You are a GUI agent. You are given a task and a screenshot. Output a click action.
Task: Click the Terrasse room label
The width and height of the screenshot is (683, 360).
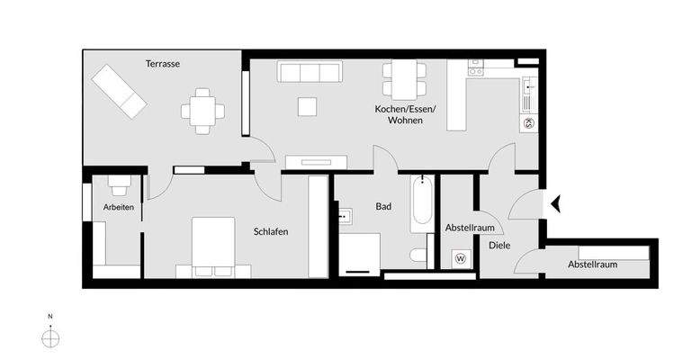tap(163, 64)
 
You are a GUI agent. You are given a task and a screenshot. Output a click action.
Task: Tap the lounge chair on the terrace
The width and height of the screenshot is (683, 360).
tap(118, 92)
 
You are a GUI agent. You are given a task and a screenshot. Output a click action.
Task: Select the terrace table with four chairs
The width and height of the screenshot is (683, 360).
tap(202, 111)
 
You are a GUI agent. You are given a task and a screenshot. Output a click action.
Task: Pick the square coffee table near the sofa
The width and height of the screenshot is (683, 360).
tap(308, 107)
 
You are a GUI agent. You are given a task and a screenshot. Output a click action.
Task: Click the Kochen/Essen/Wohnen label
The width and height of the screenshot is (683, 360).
tap(405, 114)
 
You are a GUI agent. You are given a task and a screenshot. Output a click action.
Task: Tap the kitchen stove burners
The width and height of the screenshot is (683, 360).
tap(474, 67)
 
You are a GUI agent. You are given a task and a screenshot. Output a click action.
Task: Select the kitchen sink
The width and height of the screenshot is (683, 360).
tap(529, 87)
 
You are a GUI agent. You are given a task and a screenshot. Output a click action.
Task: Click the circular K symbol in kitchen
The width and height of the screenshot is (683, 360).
tap(528, 123)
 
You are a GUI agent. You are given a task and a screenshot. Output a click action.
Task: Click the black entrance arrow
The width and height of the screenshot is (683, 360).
tap(556, 204)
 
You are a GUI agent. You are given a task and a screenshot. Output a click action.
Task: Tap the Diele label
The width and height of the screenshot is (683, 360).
tap(499, 244)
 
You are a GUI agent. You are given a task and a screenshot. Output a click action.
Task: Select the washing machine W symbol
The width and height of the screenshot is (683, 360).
tap(461, 257)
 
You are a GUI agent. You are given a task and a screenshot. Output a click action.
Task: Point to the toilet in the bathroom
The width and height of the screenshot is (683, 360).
tap(419, 256)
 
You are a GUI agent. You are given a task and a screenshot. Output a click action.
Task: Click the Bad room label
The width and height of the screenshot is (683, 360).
tap(383, 207)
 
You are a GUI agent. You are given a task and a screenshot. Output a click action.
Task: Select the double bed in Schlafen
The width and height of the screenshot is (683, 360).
tap(212, 247)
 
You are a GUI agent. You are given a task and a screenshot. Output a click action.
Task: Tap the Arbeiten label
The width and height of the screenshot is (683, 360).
tap(119, 207)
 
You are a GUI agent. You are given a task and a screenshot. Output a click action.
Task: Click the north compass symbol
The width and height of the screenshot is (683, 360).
tap(51, 337)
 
